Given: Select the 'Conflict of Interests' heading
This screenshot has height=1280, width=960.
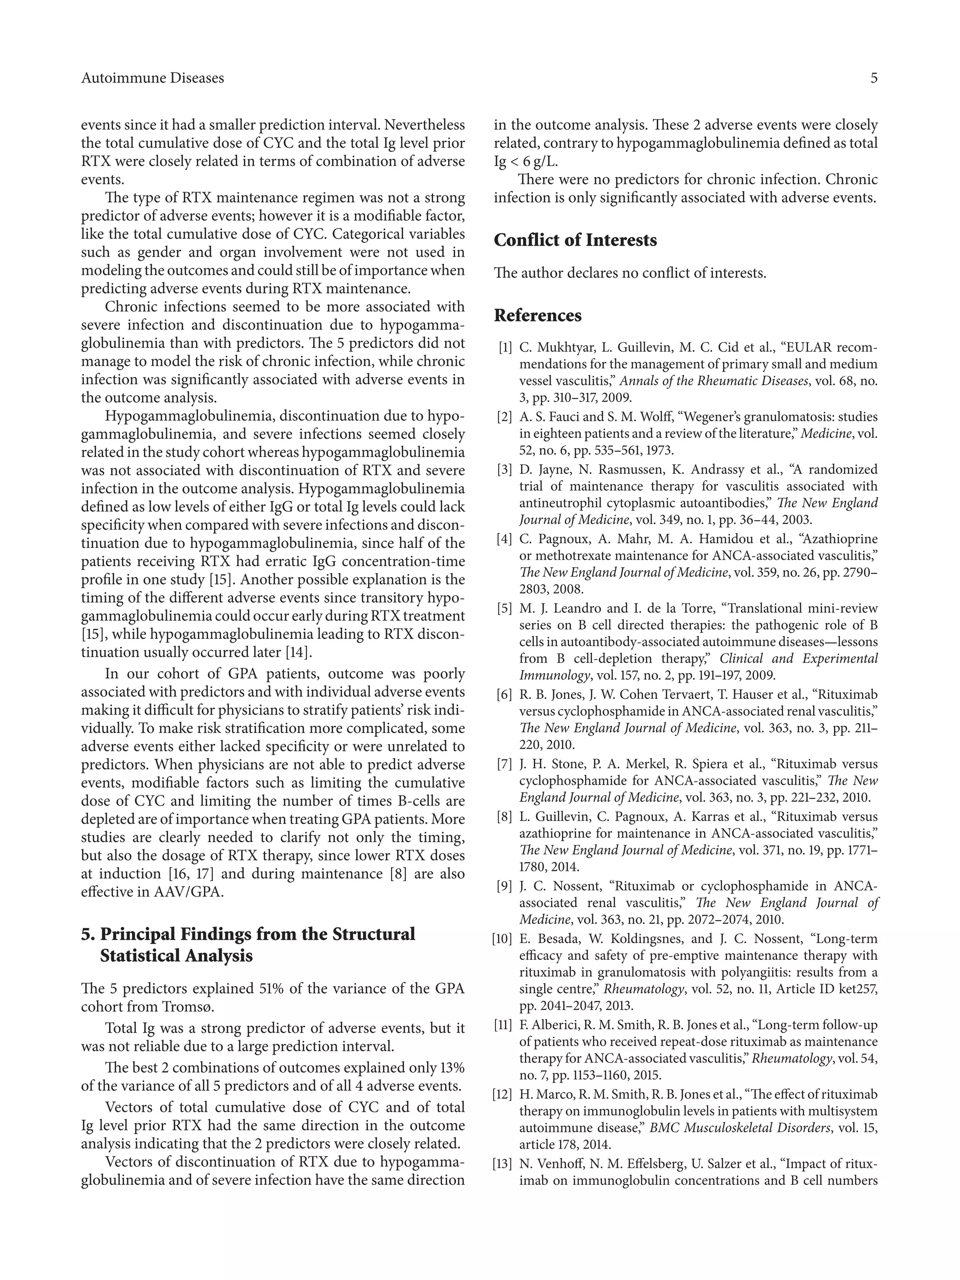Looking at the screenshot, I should pos(575,240).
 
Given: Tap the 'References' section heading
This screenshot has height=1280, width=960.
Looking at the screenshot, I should pos(538,315).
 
